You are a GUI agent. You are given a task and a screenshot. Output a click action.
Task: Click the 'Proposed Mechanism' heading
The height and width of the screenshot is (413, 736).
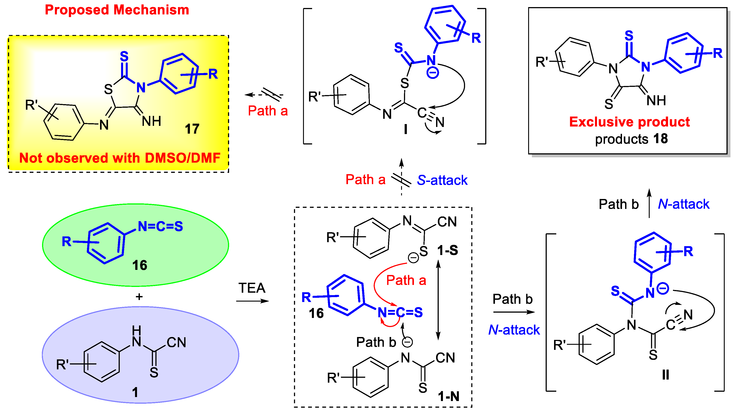[x=117, y=10]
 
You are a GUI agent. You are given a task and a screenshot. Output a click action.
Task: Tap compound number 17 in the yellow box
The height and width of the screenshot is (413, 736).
[x=192, y=129]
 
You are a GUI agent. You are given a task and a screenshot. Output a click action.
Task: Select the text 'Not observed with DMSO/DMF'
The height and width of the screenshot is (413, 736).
[x=120, y=158]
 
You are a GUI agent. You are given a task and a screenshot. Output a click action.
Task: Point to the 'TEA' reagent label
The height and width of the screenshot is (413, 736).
[x=252, y=288]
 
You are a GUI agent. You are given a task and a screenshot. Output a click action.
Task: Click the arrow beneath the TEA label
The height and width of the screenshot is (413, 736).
[x=252, y=301]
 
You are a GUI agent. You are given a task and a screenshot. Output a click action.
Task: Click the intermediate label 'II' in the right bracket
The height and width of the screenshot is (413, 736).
[x=665, y=375]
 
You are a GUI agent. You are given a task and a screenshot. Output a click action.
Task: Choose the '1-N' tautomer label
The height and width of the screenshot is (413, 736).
[x=448, y=396]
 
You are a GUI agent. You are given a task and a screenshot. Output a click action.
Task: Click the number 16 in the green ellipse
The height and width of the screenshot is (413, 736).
[x=139, y=265]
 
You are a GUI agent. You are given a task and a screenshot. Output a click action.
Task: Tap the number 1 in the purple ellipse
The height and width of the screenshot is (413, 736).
[x=135, y=392]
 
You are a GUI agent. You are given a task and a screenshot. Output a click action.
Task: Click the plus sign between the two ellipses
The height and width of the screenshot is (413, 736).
[x=139, y=297]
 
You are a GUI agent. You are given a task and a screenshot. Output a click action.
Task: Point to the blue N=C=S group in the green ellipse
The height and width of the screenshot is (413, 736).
[x=160, y=226]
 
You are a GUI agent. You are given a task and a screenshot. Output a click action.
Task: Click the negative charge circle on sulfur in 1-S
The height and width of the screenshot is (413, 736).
[x=413, y=258]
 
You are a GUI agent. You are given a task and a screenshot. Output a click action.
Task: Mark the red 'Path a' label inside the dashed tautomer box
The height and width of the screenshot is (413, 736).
[x=406, y=280]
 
